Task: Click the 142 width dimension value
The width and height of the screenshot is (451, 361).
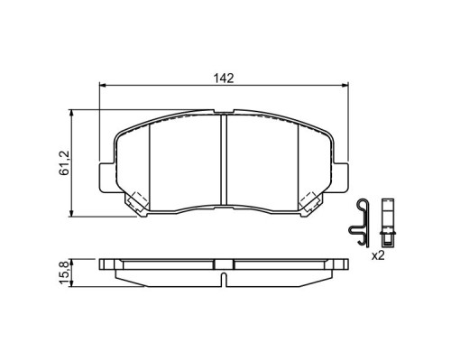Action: pos(224,79)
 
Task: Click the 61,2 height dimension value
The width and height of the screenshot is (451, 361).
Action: pos(64,162)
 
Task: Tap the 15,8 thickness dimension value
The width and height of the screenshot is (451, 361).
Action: pos(64,273)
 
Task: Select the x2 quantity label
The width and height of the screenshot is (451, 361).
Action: pos(378,256)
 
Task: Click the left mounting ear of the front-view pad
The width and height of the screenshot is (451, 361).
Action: pos(106,177)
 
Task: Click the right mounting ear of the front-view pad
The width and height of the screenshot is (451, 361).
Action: pos(341,177)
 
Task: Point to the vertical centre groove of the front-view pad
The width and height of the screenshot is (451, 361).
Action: pos(224,160)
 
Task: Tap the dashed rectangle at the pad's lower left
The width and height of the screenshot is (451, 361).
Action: pos(140,199)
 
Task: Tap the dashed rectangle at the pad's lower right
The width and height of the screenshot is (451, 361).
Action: pos(308,199)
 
